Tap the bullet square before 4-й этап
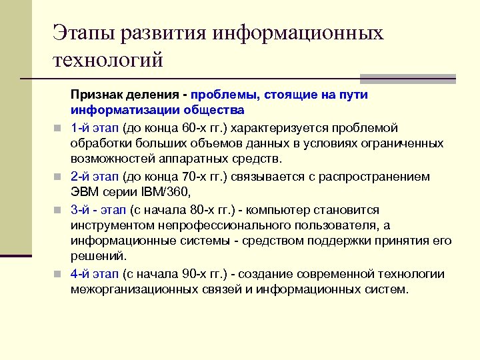click(x=59, y=275)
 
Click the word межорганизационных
click(x=133, y=290)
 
